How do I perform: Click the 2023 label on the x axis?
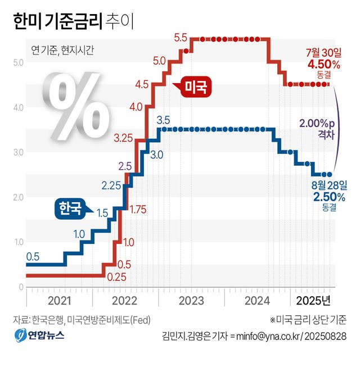tap(191, 300)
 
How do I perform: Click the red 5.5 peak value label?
tap(181, 38)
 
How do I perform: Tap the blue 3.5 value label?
tap(163, 120)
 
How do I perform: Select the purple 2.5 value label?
tap(125, 166)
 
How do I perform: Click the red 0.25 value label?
tap(116, 276)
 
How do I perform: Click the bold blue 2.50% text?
tap(329, 196)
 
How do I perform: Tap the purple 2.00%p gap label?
tap(317, 124)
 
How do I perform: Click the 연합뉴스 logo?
tap(39, 335)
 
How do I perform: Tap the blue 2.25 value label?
tap(112, 185)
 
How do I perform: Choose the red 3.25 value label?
tap(123, 137)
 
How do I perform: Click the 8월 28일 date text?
tap(329, 184)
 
